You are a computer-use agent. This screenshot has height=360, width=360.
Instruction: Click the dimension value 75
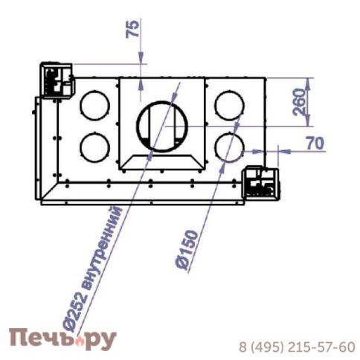(132, 29)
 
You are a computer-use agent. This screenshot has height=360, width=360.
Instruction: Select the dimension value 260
(299, 102)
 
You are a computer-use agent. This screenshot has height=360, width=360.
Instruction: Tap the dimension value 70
(315, 143)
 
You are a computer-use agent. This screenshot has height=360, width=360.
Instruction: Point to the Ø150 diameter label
(187, 250)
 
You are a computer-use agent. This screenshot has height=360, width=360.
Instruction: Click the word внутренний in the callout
(102, 247)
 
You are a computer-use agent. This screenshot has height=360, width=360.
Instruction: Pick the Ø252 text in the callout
(74, 312)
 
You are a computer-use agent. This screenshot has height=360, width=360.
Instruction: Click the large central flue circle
(162, 126)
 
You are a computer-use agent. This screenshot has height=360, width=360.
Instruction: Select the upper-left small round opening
(94, 106)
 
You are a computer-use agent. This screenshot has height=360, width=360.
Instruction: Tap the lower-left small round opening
(94, 147)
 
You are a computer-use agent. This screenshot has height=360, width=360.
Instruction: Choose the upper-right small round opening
(229, 106)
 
